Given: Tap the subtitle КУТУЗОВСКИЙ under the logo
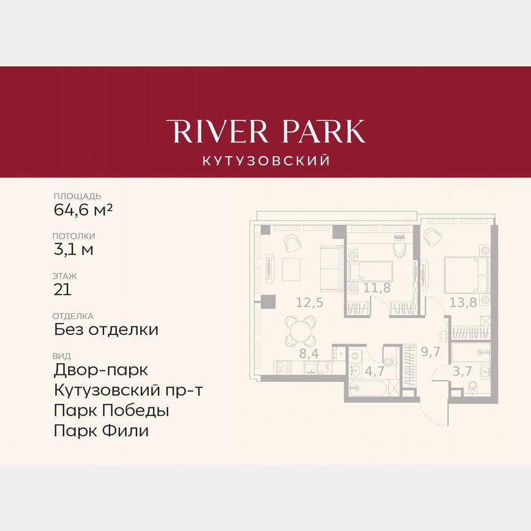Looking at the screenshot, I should (265, 161).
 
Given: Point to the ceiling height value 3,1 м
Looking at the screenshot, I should (74, 249).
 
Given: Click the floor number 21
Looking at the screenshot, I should (63, 289).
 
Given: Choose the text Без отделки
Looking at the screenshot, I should (106, 329).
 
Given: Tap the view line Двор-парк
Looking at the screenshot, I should (101, 370).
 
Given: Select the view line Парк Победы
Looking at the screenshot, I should (111, 410).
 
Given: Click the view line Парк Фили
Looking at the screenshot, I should (101, 430).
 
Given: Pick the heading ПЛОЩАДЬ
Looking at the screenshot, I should (77, 196).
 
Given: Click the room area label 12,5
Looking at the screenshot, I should (309, 302).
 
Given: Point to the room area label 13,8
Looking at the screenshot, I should (463, 302).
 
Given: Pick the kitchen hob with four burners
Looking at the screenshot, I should (283, 368).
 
